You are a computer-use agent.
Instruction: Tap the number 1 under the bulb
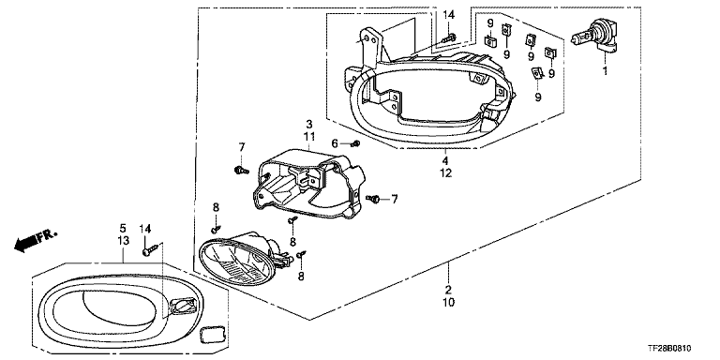[606, 71]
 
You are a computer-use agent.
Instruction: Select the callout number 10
[449, 303]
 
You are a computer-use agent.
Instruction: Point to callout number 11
[309, 136]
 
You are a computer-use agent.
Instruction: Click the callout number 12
[446, 173]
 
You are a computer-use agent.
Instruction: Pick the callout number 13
[123, 241]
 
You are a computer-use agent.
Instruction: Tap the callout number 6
[335, 144]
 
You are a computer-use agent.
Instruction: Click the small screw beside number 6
[354, 144]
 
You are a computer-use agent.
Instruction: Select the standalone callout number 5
[123, 228]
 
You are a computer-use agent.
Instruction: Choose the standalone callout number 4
[446, 161]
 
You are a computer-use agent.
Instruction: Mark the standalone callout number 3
[309, 124]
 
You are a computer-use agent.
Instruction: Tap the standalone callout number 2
[449, 291]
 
